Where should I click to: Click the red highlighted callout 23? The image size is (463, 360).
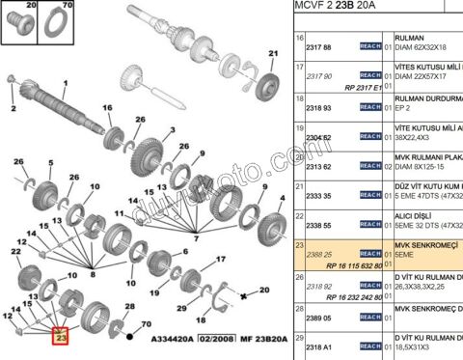click(61, 337)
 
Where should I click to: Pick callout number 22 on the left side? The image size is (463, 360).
click(16, 252)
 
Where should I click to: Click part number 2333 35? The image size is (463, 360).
click(319, 196)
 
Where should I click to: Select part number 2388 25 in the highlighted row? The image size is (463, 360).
click(319, 255)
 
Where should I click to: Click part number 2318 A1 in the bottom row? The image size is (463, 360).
click(319, 346)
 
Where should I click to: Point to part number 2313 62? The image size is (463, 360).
click(319, 166)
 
